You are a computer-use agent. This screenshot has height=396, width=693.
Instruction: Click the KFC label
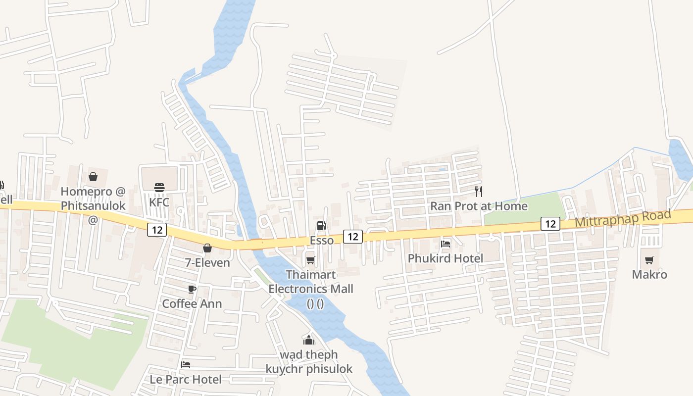click(159, 202)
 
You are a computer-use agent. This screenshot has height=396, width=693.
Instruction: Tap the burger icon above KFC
click(159, 187)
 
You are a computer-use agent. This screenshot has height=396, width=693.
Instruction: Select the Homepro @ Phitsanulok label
click(93, 198)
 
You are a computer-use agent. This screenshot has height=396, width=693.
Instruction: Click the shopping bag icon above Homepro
click(93, 176)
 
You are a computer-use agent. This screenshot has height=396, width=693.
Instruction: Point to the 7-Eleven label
click(207, 262)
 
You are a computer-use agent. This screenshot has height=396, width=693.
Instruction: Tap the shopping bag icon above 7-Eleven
click(207, 247)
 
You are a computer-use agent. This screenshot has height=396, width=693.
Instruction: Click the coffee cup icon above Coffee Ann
click(192, 289)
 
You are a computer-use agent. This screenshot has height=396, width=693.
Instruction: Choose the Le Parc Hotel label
click(186, 380)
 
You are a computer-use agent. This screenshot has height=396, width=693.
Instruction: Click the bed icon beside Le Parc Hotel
click(186, 365)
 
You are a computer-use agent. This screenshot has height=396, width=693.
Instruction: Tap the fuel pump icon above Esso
click(321, 226)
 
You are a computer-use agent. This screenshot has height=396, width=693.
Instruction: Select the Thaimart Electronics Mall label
click(311, 282)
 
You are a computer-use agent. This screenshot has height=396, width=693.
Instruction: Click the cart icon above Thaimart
click(310, 260)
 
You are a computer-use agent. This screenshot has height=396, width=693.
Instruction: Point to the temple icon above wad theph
click(309, 340)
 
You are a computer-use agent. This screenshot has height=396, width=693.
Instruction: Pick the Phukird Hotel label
click(445, 258)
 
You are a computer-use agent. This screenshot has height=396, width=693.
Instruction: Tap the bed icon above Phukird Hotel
click(445, 244)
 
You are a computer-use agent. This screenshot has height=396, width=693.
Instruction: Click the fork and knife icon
click(479, 191)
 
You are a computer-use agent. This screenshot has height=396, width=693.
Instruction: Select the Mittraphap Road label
click(623, 218)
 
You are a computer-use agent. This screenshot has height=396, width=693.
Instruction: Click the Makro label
click(649, 274)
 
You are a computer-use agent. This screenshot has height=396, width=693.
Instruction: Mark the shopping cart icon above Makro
click(649, 260)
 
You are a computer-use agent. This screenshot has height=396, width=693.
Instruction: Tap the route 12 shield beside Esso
click(353, 237)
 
